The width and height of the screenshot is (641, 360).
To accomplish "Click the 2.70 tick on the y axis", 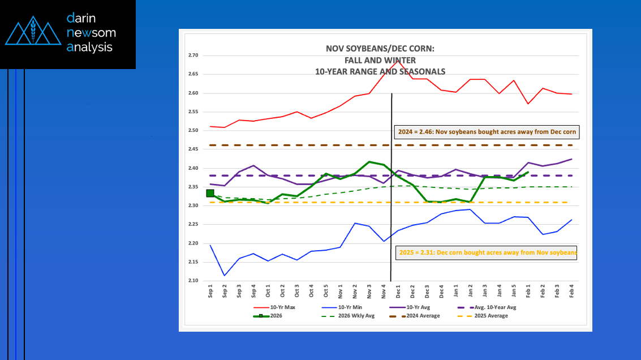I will (x=193, y=55).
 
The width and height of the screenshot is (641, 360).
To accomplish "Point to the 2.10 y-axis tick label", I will (x=193, y=281).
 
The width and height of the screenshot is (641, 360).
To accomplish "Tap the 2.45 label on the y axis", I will (x=193, y=149).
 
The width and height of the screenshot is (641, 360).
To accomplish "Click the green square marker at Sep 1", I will (x=210, y=193).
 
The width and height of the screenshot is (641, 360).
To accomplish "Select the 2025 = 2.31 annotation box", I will (x=486, y=252).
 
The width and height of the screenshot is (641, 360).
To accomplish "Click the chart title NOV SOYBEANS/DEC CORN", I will (x=380, y=49).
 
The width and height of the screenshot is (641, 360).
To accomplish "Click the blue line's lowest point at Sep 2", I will (x=225, y=276).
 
